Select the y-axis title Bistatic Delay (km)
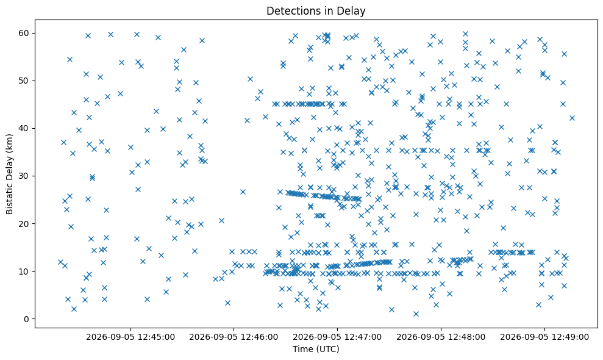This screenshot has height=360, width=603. (x=9, y=174)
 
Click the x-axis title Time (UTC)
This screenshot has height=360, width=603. (x=316, y=349)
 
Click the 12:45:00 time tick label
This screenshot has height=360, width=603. (x=130, y=337)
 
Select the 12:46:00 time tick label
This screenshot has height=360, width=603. (x=234, y=337)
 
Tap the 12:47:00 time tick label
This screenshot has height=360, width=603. (x=337, y=337)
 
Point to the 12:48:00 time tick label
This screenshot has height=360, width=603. (x=441, y=337)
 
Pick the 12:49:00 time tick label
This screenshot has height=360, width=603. (x=544, y=337)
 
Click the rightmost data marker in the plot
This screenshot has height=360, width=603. (x=573, y=118)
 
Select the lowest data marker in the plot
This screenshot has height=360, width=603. (x=416, y=314)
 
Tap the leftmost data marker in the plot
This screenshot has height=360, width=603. (x=60, y=262)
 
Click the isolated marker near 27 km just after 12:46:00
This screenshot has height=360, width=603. (x=243, y=192)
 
